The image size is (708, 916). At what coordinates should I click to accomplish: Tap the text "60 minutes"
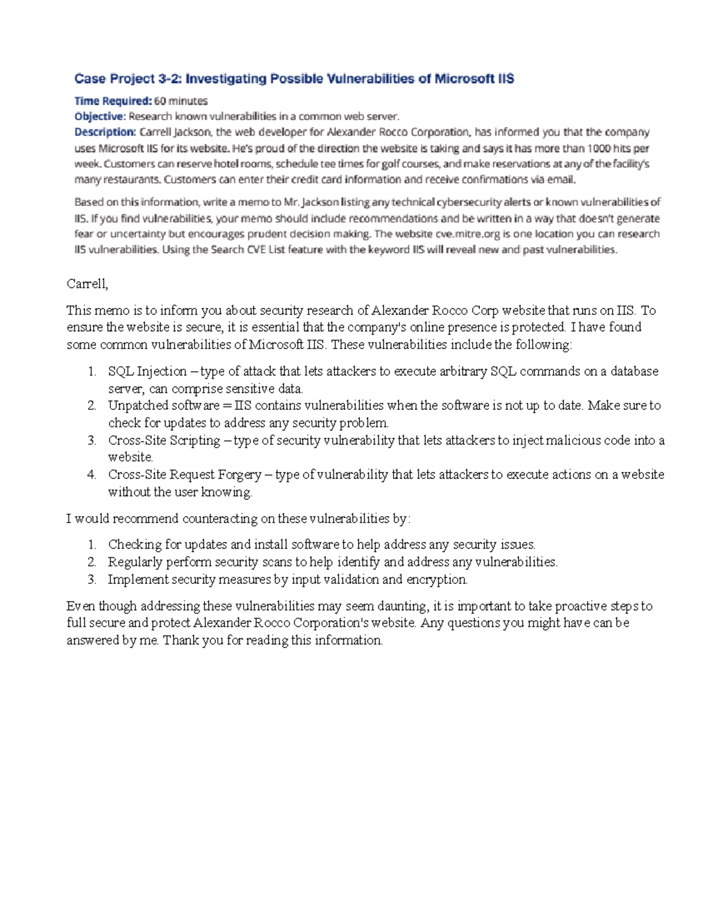(x=181, y=101)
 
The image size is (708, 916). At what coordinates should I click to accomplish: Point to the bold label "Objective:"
(x=100, y=116)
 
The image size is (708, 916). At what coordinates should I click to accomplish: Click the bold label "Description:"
(x=105, y=132)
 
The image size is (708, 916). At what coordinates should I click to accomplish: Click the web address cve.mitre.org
(x=467, y=234)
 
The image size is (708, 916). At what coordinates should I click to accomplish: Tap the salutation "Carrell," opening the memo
(x=87, y=284)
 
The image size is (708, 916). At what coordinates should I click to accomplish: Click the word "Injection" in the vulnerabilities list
(x=162, y=372)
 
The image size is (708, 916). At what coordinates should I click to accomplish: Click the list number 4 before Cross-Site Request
(x=91, y=475)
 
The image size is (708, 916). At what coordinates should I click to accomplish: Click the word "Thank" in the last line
(x=181, y=641)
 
